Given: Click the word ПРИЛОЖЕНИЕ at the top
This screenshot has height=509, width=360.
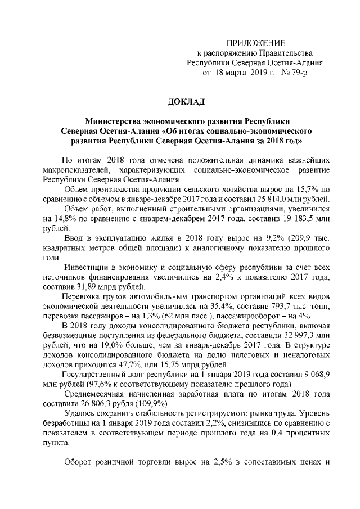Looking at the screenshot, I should click(255, 44).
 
